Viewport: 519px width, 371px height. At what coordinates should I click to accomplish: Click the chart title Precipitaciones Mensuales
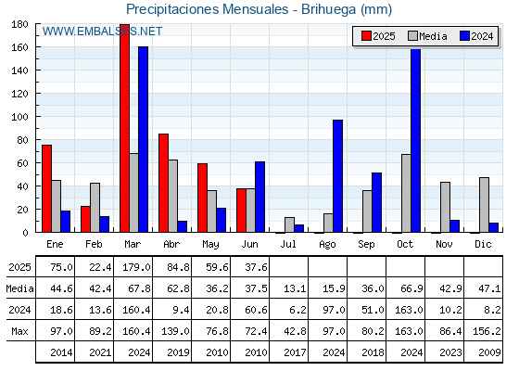[208, 9]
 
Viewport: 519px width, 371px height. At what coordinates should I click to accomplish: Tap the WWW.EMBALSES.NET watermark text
[102, 32]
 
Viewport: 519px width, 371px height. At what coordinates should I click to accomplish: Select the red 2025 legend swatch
[366, 36]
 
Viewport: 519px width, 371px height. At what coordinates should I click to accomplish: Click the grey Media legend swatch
[412, 36]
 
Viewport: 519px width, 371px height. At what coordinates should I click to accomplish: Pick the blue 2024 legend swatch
[464, 36]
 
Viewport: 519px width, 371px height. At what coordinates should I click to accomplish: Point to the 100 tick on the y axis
[19, 117]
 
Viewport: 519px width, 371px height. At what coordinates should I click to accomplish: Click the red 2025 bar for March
[125, 128]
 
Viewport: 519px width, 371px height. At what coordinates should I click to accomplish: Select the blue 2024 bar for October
[416, 140]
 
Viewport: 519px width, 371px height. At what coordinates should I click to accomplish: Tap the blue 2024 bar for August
[338, 176]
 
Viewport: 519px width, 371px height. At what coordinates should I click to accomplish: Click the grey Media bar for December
[484, 205]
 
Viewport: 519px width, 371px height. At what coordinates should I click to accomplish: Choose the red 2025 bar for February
[85, 219]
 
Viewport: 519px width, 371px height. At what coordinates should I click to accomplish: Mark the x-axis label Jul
[288, 245]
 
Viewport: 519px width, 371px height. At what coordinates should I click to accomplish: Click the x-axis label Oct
[405, 245]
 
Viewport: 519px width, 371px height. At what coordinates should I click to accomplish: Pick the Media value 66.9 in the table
[411, 288]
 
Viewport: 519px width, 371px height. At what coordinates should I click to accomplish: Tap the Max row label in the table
[19, 331]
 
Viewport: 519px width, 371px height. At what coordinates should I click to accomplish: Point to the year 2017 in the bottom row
[295, 352]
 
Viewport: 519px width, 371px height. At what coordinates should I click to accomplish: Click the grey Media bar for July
[289, 224]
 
